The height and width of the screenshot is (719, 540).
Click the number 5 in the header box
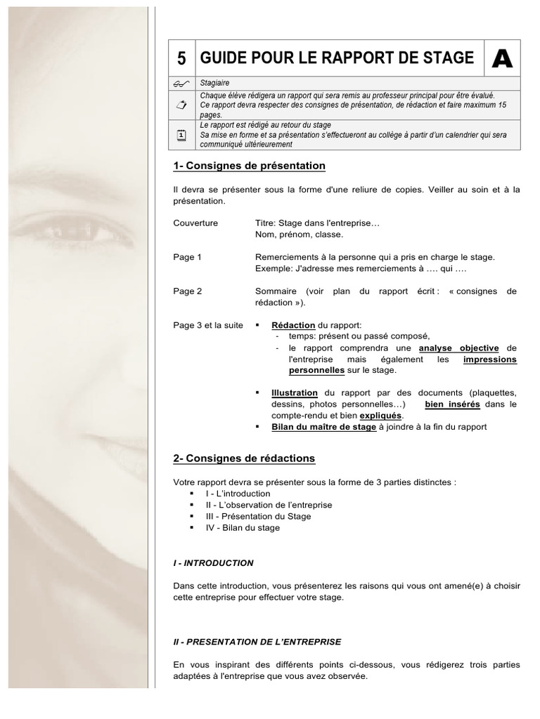click(181, 59)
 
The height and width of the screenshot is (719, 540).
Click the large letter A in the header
click(502, 59)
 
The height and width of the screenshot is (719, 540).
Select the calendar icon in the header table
click(181, 136)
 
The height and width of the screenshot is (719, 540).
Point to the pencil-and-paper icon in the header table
click(181, 105)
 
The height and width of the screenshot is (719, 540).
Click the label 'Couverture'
click(195, 223)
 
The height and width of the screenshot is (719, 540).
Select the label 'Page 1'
click(187, 257)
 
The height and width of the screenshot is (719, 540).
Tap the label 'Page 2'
click(187, 291)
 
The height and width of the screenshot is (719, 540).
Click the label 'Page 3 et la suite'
click(205, 325)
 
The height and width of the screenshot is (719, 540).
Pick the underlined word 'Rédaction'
click(293, 325)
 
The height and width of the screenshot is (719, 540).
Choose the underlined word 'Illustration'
click(295, 393)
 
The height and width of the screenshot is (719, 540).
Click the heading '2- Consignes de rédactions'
click(244, 459)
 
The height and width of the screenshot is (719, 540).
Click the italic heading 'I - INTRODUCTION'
click(213, 562)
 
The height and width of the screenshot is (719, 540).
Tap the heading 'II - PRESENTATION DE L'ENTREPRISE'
click(257, 642)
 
